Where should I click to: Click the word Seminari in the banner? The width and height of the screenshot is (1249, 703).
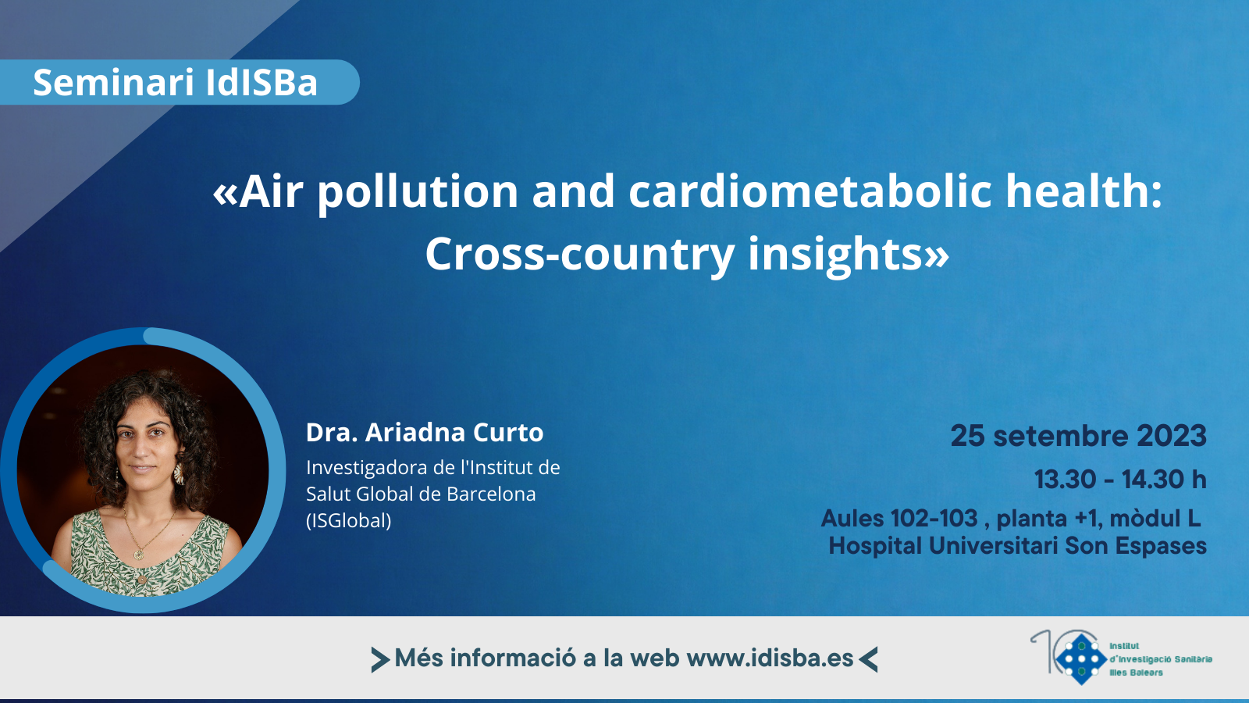pyautogui.click(x=113, y=83)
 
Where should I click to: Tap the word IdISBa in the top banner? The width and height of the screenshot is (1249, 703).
pyautogui.click(x=262, y=83)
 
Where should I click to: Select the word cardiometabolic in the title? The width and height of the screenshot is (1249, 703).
pyautogui.click(x=810, y=191)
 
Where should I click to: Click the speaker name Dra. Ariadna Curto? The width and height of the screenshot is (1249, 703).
pyautogui.click(x=425, y=433)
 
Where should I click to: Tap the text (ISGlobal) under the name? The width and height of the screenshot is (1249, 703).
pyautogui.click(x=349, y=520)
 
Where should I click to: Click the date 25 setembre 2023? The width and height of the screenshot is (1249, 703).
pyautogui.click(x=1078, y=436)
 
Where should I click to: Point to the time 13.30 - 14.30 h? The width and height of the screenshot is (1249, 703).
pyautogui.click(x=1120, y=480)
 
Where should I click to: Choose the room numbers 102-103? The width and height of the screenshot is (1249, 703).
pyautogui.click(x=934, y=519)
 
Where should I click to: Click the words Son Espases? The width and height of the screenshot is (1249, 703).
pyautogui.click(x=1136, y=546)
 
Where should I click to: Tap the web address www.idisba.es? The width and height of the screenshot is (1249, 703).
pyautogui.click(x=770, y=658)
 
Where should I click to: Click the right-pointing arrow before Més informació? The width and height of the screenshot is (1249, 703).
pyautogui.click(x=380, y=659)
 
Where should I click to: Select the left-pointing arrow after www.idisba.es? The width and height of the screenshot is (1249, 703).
pyautogui.click(x=868, y=659)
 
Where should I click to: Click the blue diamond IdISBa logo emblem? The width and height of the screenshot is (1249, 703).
pyautogui.click(x=1081, y=659)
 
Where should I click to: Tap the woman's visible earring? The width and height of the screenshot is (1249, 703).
pyautogui.click(x=179, y=473)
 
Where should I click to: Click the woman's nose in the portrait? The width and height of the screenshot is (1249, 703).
pyautogui.click(x=145, y=450)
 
